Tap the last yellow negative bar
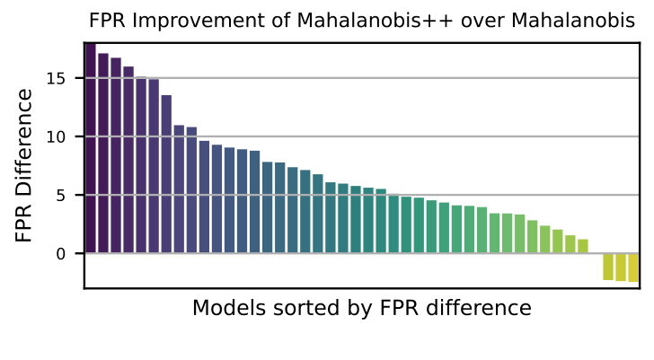[633, 268]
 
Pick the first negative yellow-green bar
[608, 267]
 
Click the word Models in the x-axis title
[223, 308]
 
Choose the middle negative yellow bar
[621, 268]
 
